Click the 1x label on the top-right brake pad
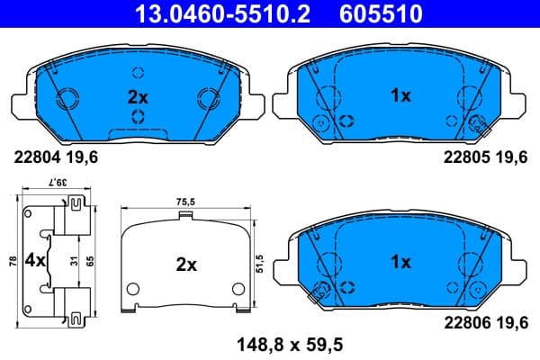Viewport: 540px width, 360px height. [400, 94]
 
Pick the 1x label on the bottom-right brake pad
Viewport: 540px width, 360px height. [400, 262]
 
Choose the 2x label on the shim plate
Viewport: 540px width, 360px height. [186, 265]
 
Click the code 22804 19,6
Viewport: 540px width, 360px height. [56, 156]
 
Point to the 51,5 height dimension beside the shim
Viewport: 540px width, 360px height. [260, 262]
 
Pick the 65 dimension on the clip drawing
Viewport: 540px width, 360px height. [90, 262]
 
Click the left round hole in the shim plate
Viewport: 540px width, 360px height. [133, 290]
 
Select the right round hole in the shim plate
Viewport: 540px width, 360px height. [239, 290]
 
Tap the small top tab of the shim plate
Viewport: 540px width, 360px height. [186, 215]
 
